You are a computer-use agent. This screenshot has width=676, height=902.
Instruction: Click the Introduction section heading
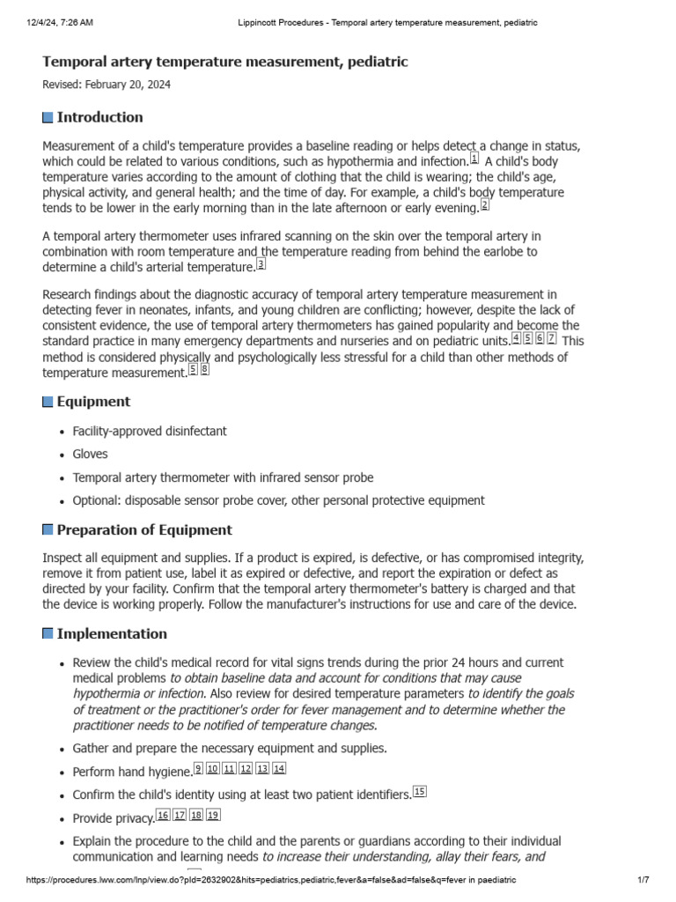point(99,117)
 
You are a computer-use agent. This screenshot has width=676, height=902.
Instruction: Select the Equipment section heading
point(93,402)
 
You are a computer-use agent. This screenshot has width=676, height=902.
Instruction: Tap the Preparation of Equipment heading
point(144,530)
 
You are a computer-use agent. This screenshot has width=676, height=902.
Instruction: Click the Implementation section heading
point(112,634)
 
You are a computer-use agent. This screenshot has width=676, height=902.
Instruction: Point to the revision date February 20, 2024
point(107,85)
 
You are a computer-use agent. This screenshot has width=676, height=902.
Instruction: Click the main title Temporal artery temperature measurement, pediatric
point(225,62)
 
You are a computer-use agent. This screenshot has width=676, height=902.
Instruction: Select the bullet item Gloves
point(91,455)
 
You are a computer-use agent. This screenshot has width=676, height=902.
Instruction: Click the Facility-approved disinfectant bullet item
point(150,432)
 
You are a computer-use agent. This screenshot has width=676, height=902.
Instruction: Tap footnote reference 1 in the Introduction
point(474,159)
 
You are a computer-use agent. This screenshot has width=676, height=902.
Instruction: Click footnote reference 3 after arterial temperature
point(261,264)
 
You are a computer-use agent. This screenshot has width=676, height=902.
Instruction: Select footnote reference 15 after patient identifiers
point(420,792)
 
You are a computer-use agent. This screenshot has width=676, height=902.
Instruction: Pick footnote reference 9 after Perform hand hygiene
point(199,769)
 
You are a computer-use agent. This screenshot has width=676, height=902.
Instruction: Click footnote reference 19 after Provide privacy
point(213,815)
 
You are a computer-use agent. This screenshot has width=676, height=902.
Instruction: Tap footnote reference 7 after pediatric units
point(552,338)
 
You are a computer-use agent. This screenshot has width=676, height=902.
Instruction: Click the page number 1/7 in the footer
point(643,881)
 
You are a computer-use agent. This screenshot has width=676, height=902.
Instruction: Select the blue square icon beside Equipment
point(48,403)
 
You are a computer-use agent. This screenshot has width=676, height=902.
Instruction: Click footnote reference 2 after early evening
point(484,205)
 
